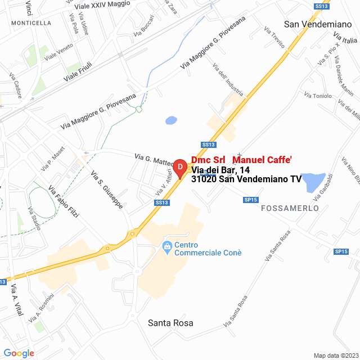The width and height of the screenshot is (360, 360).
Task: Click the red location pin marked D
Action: tap(179, 168)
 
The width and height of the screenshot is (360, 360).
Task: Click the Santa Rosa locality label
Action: tap(170, 323)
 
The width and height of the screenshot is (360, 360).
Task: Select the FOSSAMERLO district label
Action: tap(290, 208)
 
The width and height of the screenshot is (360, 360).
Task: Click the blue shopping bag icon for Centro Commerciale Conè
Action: tap(166, 246)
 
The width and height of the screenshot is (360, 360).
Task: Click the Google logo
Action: tap(19, 353)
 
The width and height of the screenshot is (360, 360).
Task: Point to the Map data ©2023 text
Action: tap(335, 355)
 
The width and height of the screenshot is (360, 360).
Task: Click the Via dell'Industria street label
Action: tap(228, 79)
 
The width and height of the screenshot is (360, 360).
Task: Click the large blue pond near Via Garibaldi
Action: tap(312, 181)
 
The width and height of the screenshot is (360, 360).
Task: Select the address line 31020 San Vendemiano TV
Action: tap(246, 179)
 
